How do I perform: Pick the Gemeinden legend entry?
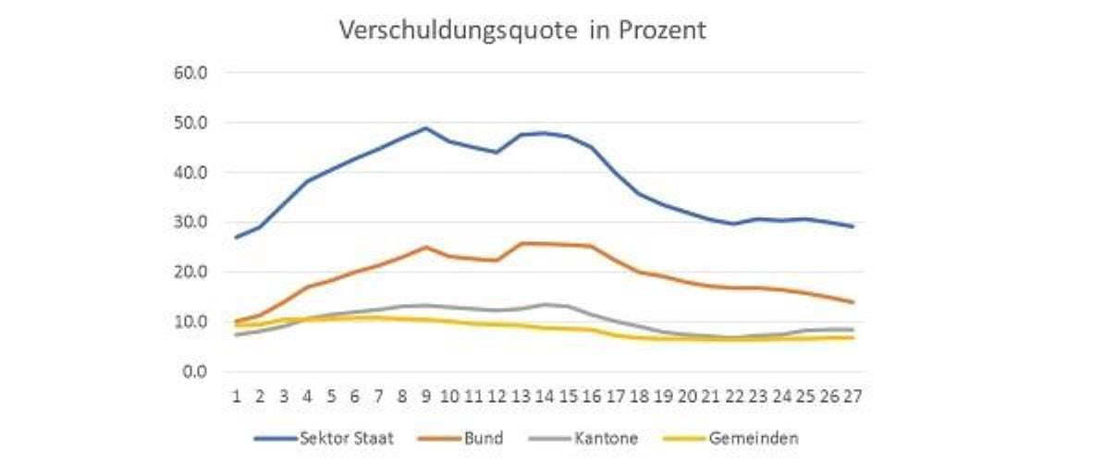click(753, 438)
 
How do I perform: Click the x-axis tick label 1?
click(237, 396)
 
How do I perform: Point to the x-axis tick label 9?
click(426, 396)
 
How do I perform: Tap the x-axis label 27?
click(853, 396)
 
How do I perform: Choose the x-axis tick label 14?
click(545, 396)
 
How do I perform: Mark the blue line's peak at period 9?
click(426, 128)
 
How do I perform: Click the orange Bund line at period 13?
click(521, 244)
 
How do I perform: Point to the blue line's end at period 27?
click(853, 226)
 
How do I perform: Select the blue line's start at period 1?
click(237, 237)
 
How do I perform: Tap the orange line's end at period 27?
click(853, 302)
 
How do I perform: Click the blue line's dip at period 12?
click(497, 152)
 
